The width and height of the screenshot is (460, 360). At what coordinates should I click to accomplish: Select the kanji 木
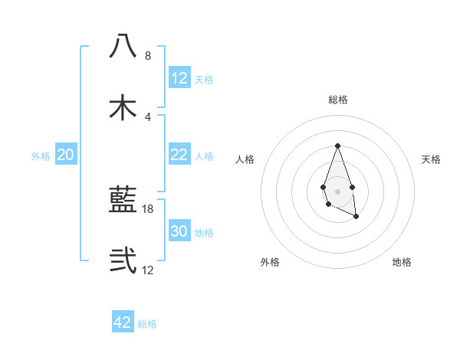[123, 107]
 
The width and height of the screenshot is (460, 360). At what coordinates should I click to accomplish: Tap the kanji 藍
[123, 200]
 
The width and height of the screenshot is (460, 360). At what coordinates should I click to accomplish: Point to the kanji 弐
[123, 260]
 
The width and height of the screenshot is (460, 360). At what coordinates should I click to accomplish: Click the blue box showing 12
[179, 78]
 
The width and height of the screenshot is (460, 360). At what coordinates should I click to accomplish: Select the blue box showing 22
[179, 155]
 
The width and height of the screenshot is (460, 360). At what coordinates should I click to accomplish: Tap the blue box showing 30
[179, 231]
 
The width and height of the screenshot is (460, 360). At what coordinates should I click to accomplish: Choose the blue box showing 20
[65, 155]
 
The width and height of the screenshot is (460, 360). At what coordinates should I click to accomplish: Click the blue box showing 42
[123, 322]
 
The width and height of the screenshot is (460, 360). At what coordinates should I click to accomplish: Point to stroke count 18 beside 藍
[148, 208]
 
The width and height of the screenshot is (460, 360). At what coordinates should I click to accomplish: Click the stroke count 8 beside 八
[148, 56]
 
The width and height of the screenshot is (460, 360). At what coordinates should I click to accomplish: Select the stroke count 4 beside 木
[148, 116]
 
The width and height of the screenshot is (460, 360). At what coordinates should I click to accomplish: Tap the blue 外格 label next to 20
[41, 155]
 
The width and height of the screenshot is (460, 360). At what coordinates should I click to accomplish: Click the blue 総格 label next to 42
[147, 323]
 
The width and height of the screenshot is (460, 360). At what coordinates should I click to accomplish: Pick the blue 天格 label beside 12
[204, 79]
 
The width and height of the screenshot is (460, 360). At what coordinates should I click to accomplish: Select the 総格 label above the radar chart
[337, 100]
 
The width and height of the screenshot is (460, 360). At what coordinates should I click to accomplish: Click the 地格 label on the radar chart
[402, 262]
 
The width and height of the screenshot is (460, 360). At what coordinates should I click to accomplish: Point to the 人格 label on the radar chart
[245, 159]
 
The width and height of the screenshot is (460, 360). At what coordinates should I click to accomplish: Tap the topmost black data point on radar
[337, 146]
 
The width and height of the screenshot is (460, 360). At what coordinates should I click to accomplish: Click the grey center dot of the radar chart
[337, 190]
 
